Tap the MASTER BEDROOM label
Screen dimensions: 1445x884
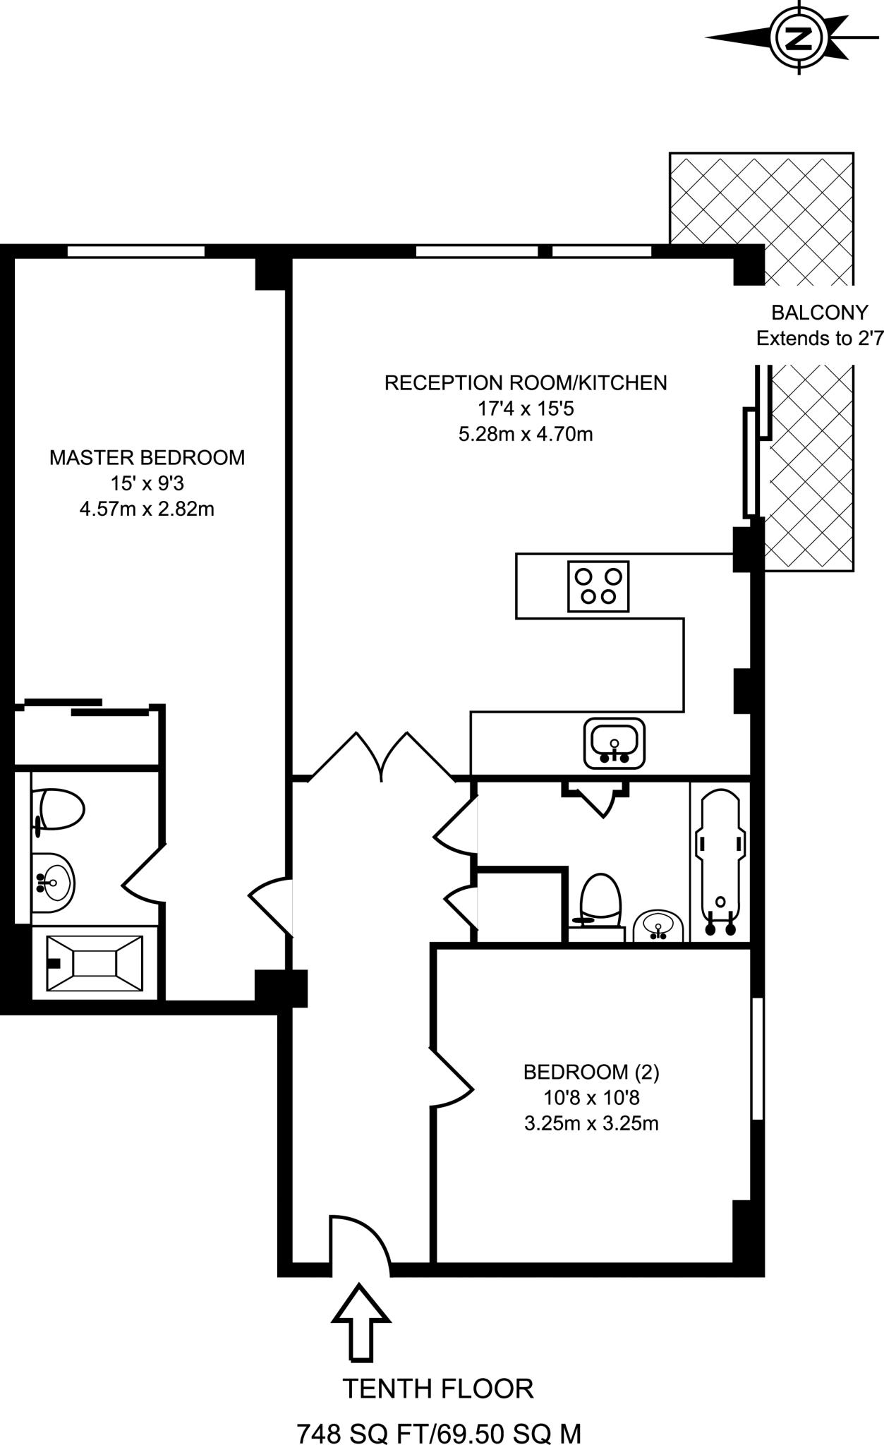[147, 457]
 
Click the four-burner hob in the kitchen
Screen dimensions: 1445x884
[598, 586]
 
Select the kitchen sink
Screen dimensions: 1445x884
[614, 744]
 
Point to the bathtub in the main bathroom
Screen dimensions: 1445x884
[720, 862]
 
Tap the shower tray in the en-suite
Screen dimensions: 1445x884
[95, 963]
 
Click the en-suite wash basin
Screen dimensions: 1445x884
[54, 883]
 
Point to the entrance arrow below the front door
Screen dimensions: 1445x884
[361, 1322]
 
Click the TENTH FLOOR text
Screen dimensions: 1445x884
[438, 1389]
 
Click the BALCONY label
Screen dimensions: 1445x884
[819, 312]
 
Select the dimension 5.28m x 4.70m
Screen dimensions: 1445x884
[526, 433]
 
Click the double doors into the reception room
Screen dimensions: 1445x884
[382, 758]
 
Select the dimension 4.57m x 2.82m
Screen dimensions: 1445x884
[147, 509]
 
